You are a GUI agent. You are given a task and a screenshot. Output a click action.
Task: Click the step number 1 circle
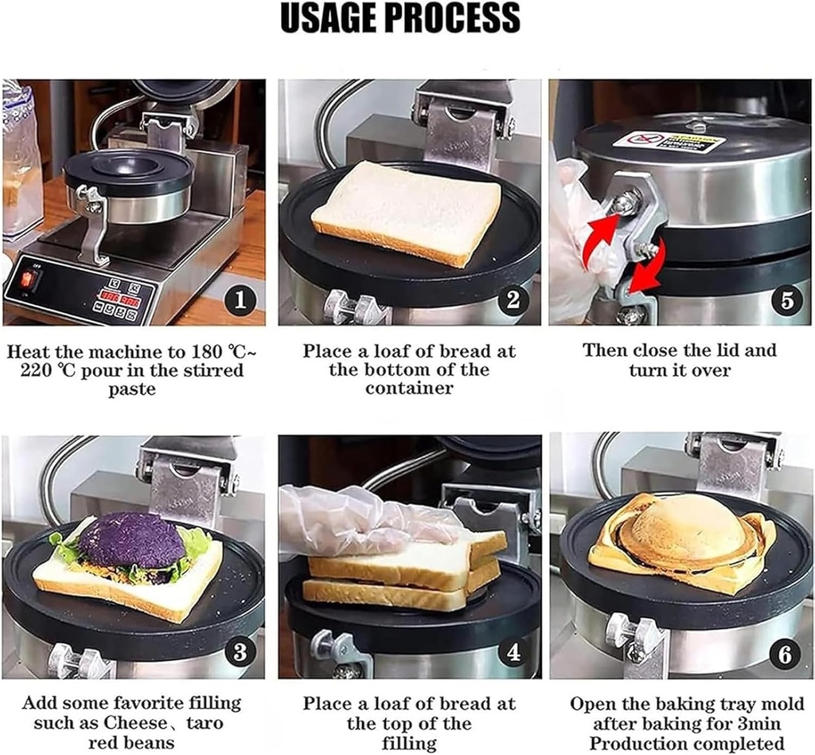[240, 300]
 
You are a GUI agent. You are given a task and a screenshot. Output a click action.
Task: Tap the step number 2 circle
[513, 300]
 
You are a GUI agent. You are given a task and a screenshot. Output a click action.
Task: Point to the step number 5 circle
[786, 300]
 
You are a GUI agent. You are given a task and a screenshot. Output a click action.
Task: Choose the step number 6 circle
[786, 654]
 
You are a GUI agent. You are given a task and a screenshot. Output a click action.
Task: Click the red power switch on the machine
[29, 280]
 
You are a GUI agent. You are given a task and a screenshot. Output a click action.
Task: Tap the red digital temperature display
[119, 300]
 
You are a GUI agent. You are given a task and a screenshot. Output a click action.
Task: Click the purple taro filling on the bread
[131, 540]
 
